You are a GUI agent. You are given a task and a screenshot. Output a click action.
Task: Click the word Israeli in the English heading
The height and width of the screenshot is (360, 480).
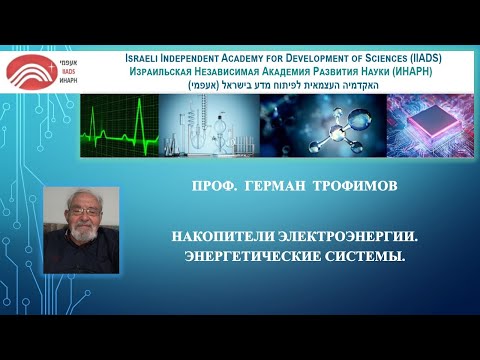tap(146, 59)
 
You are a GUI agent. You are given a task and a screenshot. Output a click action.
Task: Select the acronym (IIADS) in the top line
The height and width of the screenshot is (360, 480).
tap(424, 59)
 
